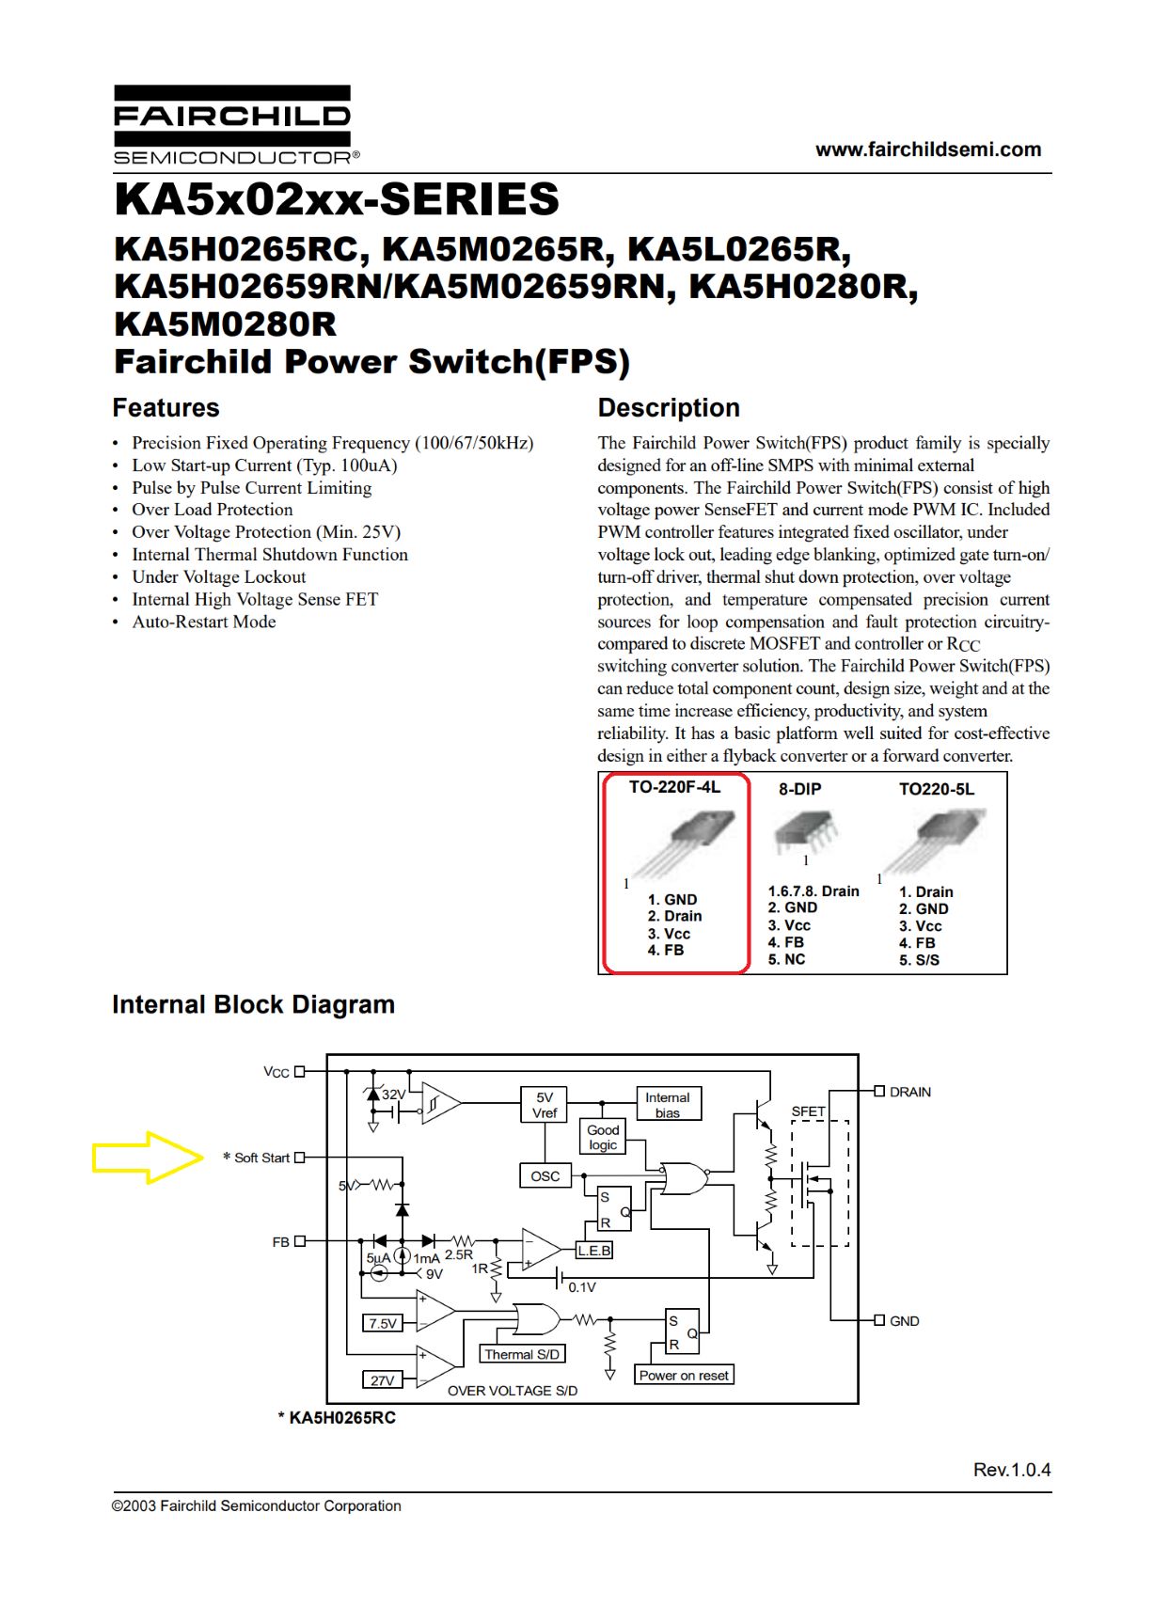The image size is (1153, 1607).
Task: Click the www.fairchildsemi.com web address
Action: tap(927, 150)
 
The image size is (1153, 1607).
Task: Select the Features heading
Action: tap(166, 407)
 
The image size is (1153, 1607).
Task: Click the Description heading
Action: tap(668, 407)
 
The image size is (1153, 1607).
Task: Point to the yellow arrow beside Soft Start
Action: tap(147, 1158)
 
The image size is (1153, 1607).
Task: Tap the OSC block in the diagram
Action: tap(545, 1175)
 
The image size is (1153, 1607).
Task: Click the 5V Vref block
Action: tap(544, 1105)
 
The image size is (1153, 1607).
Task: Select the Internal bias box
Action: tap(668, 1104)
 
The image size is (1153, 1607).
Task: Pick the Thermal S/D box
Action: tap(522, 1354)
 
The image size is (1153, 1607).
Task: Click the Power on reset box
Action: tap(683, 1376)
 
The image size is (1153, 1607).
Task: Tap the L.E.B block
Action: tap(594, 1251)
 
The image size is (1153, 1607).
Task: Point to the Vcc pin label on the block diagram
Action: tap(276, 1072)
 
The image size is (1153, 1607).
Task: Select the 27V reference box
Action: tap(382, 1380)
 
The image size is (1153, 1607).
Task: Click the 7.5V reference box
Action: tap(382, 1323)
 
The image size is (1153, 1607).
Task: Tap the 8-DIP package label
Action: tap(799, 788)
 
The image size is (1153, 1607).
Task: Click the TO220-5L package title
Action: tap(937, 788)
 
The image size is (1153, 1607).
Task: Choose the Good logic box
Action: tap(603, 1137)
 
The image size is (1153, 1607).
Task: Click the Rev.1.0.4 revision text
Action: tap(1012, 1470)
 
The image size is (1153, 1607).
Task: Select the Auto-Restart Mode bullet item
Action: tap(204, 622)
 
